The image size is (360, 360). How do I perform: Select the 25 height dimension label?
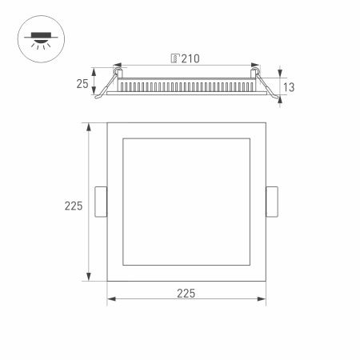pyautogui.click(x=82, y=84)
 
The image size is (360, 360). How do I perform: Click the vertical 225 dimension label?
pyautogui.click(x=74, y=206)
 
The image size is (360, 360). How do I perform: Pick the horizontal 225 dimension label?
pyautogui.click(x=186, y=294)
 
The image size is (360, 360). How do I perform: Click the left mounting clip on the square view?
pyautogui.click(x=101, y=202)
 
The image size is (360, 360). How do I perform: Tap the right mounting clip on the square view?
pyautogui.click(x=272, y=202)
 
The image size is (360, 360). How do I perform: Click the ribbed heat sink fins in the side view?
pyautogui.click(x=188, y=84)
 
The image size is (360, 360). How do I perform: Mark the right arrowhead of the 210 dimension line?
pyautogui.click(x=257, y=66)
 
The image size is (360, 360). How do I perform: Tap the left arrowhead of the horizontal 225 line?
pyautogui.click(x=110, y=301)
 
